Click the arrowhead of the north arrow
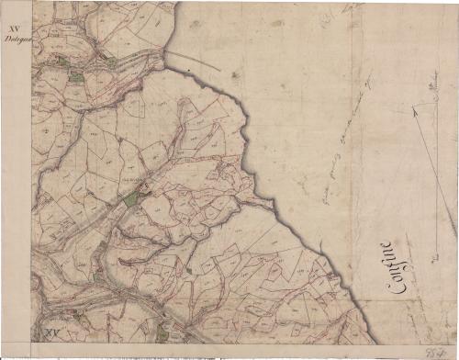415,109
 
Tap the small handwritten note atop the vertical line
431,84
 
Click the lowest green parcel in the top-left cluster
73,76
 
